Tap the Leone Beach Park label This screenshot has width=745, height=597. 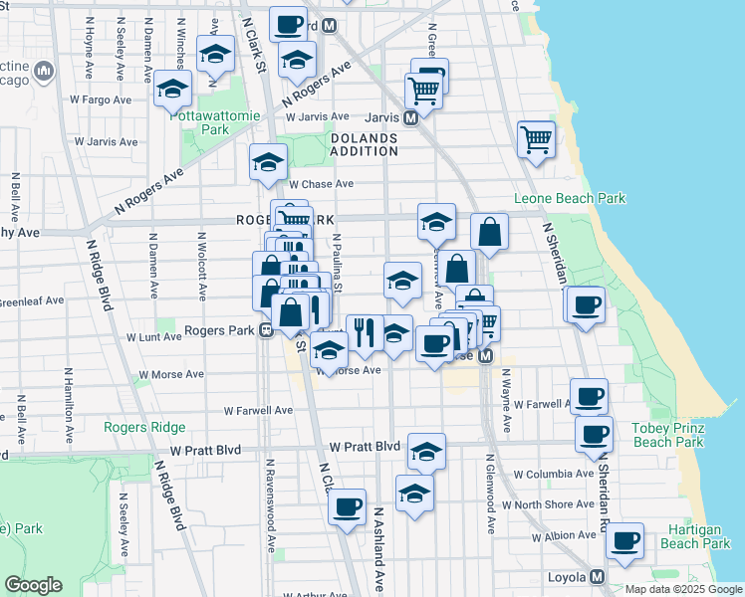[x=570, y=198]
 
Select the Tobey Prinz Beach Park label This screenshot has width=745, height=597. [x=668, y=435]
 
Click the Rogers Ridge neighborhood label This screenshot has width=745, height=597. [x=144, y=427]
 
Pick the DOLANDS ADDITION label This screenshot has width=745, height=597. [x=364, y=144]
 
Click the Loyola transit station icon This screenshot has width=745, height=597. [x=598, y=577]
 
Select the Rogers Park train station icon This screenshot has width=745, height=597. [x=266, y=331]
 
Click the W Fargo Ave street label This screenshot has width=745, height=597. [x=101, y=99]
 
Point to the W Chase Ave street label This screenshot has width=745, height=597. [x=322, y=184]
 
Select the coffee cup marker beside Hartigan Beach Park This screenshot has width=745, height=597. [x=625, y=541]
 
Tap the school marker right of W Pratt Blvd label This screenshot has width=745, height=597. [x=426, y=452]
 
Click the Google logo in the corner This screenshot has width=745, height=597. [x=33, y=585]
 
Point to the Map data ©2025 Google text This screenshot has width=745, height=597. [x=682, y=589]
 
